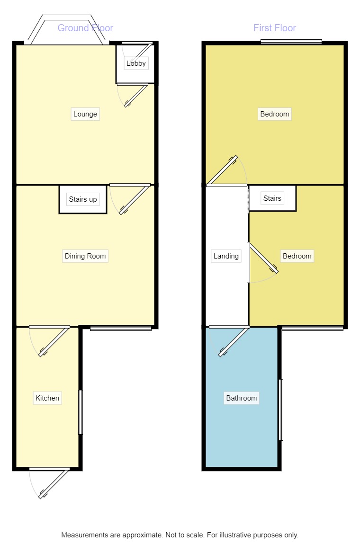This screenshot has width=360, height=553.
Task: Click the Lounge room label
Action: [85, 114]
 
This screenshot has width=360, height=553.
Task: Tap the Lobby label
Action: [136, 63]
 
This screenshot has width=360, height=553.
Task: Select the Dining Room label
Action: [85, 256]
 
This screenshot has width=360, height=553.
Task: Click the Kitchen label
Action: [47, 398]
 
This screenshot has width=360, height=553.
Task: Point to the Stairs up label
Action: [83, 199]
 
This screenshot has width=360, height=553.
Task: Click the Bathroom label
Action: [242, 398]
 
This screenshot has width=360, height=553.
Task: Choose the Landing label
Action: [226, 256]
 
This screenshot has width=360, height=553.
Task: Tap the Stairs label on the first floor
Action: [272, 198]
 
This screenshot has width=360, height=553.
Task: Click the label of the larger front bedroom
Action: [275, 114]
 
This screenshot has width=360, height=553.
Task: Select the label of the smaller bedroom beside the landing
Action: [297, 256]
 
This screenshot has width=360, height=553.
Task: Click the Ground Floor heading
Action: [85, 28]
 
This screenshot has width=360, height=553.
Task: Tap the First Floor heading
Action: [275, 28]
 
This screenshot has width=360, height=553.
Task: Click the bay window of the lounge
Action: [67, 30]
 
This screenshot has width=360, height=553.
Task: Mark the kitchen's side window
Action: [81, 412]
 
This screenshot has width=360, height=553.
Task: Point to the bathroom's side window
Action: [281, 410]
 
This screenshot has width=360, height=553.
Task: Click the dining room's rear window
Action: [121, 328]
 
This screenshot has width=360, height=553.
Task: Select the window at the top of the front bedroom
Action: [291, 42]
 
